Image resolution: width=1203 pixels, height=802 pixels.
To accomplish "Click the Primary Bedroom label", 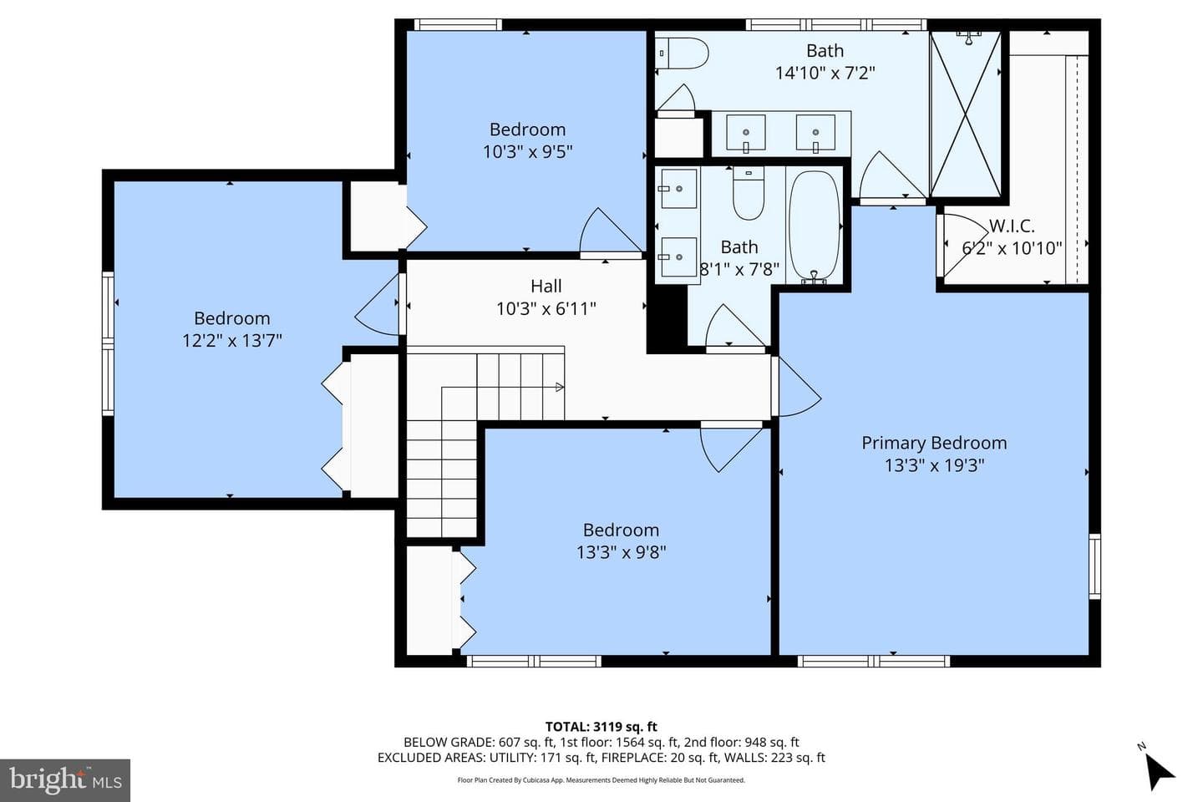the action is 934,443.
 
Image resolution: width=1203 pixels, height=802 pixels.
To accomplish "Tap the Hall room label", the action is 546,286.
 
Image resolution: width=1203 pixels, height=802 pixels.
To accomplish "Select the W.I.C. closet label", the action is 1012,226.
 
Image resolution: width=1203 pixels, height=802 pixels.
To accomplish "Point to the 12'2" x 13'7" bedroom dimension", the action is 232,341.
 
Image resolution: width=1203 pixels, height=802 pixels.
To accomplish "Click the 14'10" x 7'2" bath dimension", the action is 825,73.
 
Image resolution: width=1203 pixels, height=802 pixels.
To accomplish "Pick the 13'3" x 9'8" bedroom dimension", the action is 621,552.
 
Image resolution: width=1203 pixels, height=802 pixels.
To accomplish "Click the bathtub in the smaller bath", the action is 815,226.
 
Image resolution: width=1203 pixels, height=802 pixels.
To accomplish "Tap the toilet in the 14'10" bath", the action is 682,53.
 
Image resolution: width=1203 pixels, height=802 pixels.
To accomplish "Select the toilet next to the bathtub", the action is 749,193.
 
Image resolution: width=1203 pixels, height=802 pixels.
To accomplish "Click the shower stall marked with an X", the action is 966,114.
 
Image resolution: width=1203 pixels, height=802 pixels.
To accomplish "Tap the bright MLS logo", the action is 65,780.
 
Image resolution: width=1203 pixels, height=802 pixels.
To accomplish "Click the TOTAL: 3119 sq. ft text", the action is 601,727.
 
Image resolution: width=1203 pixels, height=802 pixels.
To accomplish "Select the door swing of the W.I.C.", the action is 964,246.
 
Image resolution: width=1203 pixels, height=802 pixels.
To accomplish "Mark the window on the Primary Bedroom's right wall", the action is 1094,566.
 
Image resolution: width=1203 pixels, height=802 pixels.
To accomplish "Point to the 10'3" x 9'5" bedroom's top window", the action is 458,25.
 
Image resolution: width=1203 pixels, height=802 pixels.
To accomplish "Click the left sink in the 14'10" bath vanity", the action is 745,132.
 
